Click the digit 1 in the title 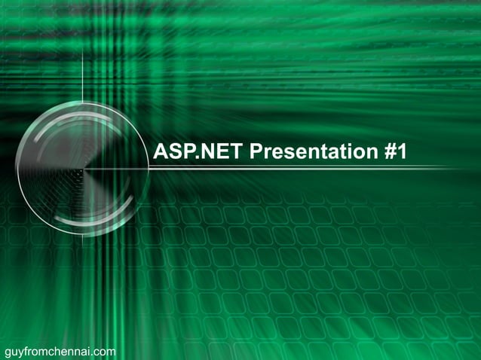pyautogui.click(x=401, y=152)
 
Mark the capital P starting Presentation pyautogui.click(x=256, y=152)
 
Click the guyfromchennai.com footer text pyautogui.click(x=60, y=351)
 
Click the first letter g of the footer pyautogui.click(x=8, y=352)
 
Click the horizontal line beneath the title pyautogui.click(x=302, y=169)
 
